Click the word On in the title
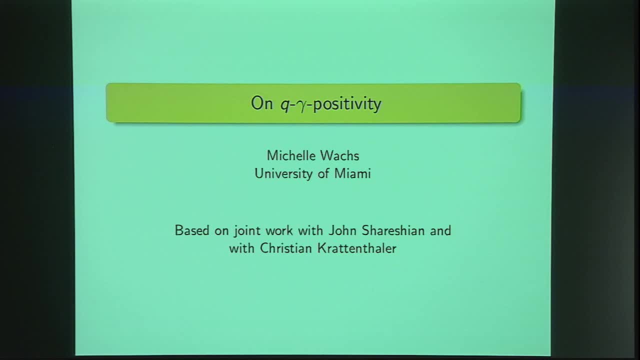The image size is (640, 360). [x=261, y=103]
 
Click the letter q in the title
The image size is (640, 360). [x=284, y=105]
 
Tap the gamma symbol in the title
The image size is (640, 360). [x=300, y=105]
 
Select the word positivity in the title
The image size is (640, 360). [x=347, y=104]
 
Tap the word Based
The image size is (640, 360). [x=191, y=230]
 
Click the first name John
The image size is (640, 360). [x=340, y=230]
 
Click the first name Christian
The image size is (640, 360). [x=286, y=248]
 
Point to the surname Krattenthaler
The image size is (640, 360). [x=357, y=248]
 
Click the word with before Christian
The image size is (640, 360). [x=242, y=248]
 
